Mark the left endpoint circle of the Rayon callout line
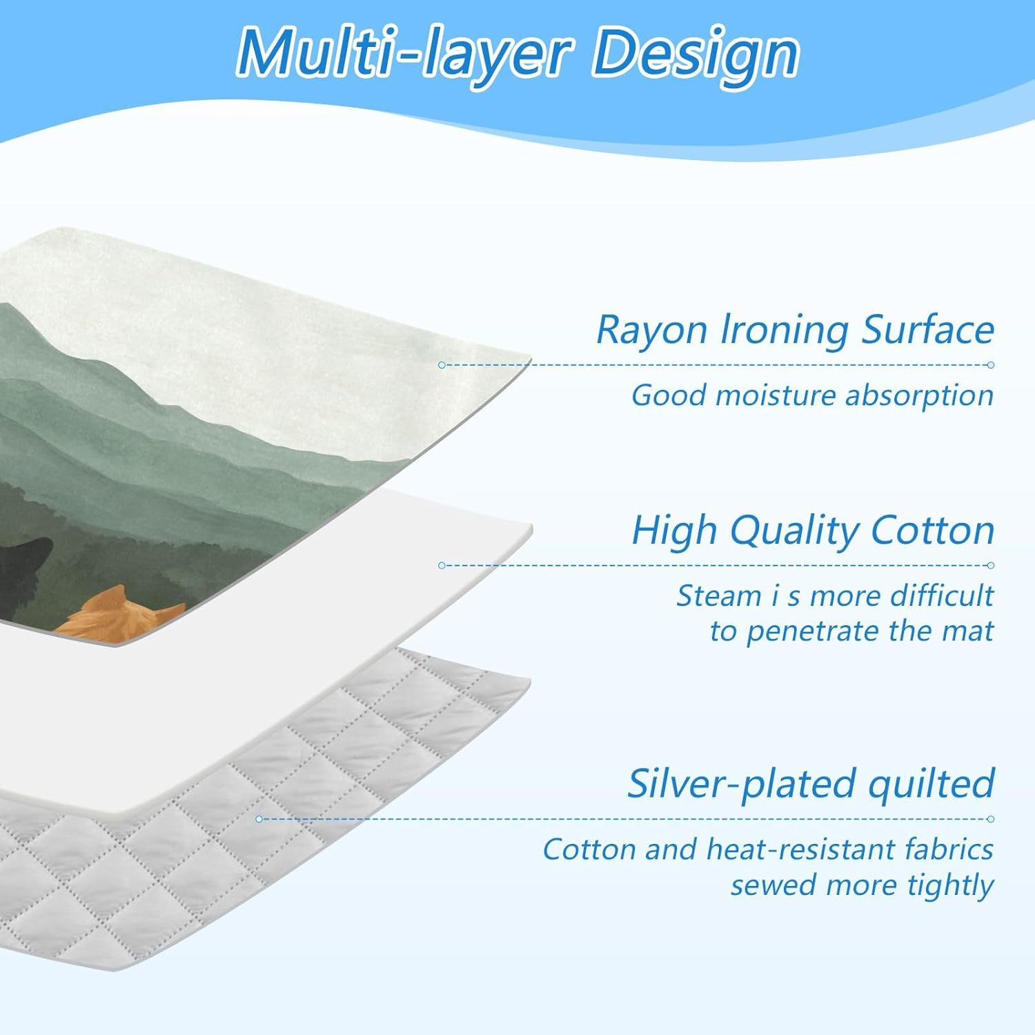coord(442,365)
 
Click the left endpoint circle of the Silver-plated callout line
coord(259,819)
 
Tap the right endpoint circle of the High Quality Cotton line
coord(991,566)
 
